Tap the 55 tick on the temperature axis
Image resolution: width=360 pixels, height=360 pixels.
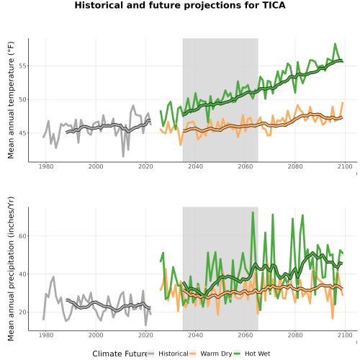[x=22, y=66]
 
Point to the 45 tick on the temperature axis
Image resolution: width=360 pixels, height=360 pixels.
[x=22, y=133]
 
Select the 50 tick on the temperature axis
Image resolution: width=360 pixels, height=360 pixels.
[x=22, y=99]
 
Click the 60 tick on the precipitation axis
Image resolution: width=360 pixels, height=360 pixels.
[x=22, y=236]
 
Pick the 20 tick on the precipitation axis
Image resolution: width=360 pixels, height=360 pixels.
[x=22, y=312]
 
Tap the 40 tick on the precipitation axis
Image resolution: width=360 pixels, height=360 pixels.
[x=22, y=274]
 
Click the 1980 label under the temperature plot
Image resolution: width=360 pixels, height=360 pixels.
[x=46, y=166]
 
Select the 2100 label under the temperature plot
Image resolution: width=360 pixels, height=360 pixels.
[x=345, y=166]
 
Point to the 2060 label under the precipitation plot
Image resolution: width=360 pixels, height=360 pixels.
[x=246, y=335]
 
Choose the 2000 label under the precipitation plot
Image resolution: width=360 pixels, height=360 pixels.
[x=96, y=335]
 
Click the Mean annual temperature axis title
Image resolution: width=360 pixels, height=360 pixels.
[x=11, y=100]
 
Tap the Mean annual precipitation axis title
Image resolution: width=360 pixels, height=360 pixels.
[x=11, y=269]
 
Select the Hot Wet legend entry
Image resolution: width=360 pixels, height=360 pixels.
[x=252, y=354]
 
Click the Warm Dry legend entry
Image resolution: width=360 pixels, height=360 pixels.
[x=211, y=354]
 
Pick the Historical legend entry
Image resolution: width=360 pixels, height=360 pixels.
[x=168, y=354]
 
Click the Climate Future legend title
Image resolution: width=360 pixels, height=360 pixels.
[x=120, y=354]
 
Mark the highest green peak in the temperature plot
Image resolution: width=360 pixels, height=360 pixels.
[x=335, y=44]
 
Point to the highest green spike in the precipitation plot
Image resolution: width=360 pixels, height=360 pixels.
[x=253, y=212]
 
